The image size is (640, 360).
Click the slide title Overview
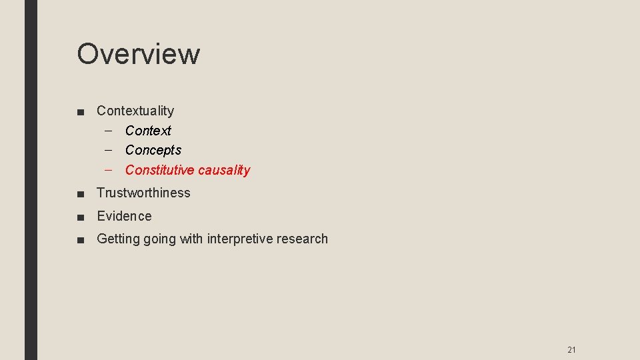click(x=138, y=54)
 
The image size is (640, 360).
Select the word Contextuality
click(x=135, y=111)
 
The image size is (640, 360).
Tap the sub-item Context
click(x=148, y=131)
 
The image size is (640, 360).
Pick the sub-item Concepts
click(x=153, y=150)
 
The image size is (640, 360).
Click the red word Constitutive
click(x=159, y=170)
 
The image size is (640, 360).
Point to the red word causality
click(x=224, y=170)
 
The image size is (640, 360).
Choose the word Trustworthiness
click(x=143, y=193)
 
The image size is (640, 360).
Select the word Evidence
click(x=124, y=216)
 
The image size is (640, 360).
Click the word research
click(x=304, y=239)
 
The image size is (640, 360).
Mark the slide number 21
click(x=571, y=349)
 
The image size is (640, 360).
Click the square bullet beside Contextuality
click(x=80, y=111)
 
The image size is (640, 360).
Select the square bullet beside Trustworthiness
click(x=80, y=193)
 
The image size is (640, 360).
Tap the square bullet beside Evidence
click(x=80, y=217)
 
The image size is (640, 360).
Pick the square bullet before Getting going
click(x=80, y=239)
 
